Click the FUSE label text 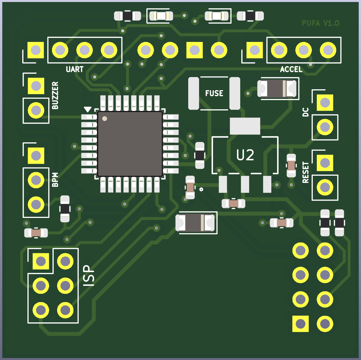(214, 93)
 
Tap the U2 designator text (245, 155)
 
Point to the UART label (75, 69)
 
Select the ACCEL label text (291, 69)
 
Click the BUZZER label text (55, 95)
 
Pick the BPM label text (55, 180)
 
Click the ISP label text (89, 276)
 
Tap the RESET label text (306, 172)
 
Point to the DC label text (306, 112)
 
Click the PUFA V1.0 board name (320, 23)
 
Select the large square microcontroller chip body (130, 144)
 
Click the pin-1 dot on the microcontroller (105, 119)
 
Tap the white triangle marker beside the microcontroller (88, 109)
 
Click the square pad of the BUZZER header (36, 86)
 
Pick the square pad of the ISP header (41, 261)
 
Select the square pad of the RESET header (325, 163)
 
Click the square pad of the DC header (325, 102)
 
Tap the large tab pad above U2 (245, 126)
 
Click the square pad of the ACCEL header (254, 50)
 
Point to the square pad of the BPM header (36, 156)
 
